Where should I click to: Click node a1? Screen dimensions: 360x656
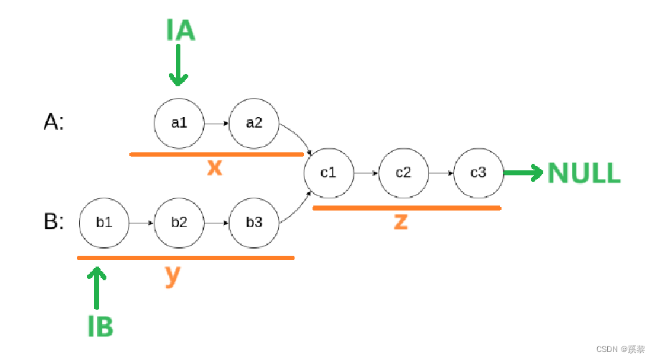(x=179, y=123)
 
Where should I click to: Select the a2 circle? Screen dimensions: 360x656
(x=254, y=123)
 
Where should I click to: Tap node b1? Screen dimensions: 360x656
(x=104, y=222)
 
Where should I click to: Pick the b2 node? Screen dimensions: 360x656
(x=179, y=222)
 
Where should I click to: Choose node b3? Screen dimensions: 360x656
(x=254, y=222)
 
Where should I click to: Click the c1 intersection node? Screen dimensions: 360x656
(x=328, y=172)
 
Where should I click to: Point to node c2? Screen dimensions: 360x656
(x=404, y=172)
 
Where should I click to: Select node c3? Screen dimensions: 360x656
(x=479, y=172)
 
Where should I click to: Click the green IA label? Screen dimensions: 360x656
(x=180, y=31)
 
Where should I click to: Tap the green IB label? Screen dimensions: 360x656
(x=100, y=326)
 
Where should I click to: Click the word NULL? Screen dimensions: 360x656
(x=583, y=173)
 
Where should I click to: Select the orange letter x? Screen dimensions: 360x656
(x=214, y=167)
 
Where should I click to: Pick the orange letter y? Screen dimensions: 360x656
(x=171, y=274)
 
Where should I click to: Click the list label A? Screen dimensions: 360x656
(x=54, y=123)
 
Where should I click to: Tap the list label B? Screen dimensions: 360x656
(x=54, y=222)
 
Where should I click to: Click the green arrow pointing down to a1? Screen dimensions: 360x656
(x=177, y=69)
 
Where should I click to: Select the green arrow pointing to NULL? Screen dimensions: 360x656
(x=523, y=172)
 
